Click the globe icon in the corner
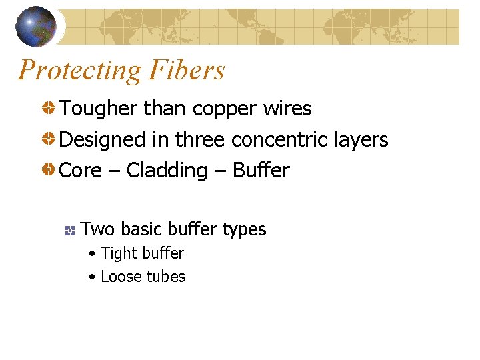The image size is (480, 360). (36, 26)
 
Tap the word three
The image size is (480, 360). (200, 140)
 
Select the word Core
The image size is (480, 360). (78, 171)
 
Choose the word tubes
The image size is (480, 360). (165, 277)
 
